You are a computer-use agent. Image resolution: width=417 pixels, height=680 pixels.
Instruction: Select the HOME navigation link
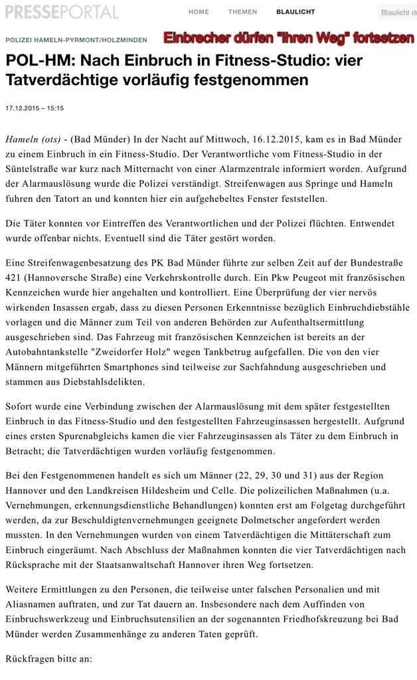199,12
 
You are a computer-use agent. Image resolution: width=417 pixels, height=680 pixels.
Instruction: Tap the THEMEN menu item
242,12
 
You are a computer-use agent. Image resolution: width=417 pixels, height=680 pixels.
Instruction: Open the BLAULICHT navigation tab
295,12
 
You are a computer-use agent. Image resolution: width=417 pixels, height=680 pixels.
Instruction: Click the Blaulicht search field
398,13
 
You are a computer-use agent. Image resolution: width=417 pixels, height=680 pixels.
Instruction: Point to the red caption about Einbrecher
289,38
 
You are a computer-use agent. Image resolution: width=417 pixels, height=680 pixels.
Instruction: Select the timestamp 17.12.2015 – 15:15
35,108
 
